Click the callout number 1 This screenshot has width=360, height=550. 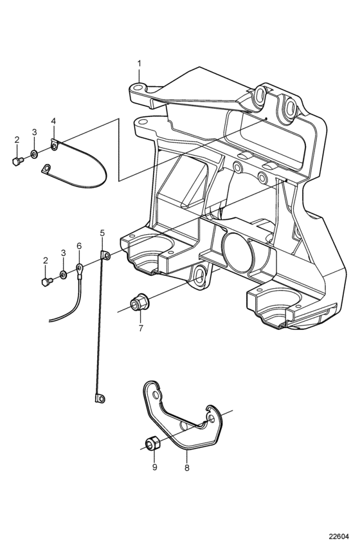click(x=139, y=64)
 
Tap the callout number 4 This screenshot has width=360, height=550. click(x=53, y=121)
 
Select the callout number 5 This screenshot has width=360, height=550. click(x=102, y=233)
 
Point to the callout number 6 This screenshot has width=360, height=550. click(x=79, y=246)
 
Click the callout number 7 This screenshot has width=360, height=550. click(x=141, y=328)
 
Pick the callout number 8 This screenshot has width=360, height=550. click(x=187, y=468)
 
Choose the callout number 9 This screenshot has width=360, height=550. click(x=154, y=467)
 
